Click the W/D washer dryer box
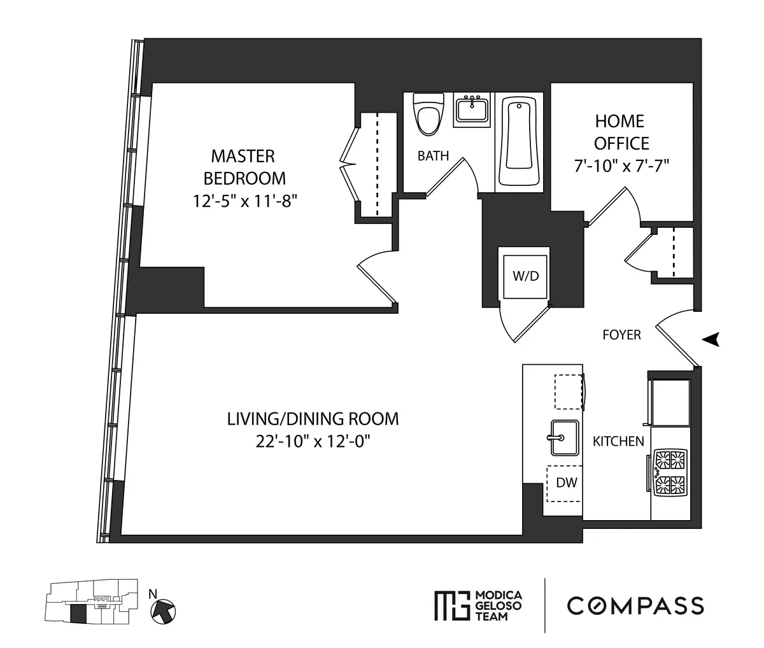pyautogui.click(x=525, y=276)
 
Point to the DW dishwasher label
pyautogui.click(x=566, y=482)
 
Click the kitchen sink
pyautogui.click(x=564, y=438)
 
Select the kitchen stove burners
pyautogui.click(x=671, y=471)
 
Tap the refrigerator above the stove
pyautogui.click(x=669, y=403)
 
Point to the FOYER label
pyautogui.click(x=621, y=335)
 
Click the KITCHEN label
pyautogui.click(x=618, y=441)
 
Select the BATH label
pyautogui.click(x=433, y=156)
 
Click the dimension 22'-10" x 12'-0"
pyautogui.click(x=313, y=440)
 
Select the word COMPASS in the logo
pyautogui.click(x=635, y=605)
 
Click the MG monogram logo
pyautogui.click(x=451, y=605)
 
